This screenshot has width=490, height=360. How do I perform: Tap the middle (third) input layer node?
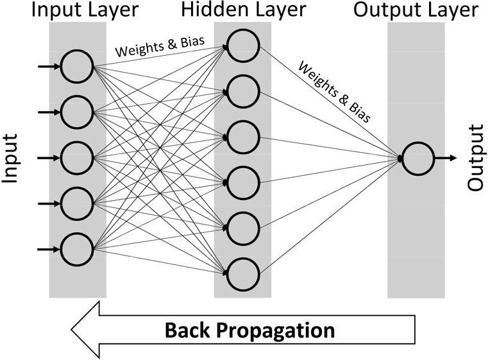click(78, 158)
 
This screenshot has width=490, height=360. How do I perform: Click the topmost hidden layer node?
click(242, 46)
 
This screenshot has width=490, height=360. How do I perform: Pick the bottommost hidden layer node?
click(242, 274)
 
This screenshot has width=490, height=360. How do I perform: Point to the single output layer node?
click(416, 158)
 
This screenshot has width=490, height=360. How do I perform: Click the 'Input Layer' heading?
click(78, 10)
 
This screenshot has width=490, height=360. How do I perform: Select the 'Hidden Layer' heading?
click(243, 10)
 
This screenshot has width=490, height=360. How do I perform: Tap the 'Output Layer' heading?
click(416, 10)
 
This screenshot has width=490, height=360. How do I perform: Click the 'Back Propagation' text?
click(250, 330)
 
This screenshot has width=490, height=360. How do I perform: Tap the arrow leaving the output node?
click(445, 158)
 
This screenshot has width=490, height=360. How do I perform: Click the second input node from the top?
click(78, 112)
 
